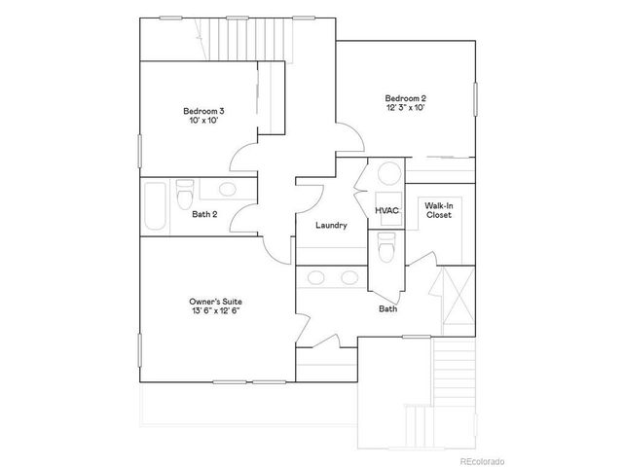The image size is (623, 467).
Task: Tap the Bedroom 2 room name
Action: click(405, 97)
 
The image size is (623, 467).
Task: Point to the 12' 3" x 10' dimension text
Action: click(405, 108)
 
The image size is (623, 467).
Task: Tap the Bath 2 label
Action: click(204, 214)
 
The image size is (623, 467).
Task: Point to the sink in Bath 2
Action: click(226, 190)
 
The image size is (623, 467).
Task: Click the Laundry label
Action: click(331, 225)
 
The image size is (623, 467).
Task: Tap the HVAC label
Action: click(386, 210)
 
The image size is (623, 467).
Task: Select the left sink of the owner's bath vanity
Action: click(315, 278)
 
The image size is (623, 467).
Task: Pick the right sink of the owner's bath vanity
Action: click(348, 278)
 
